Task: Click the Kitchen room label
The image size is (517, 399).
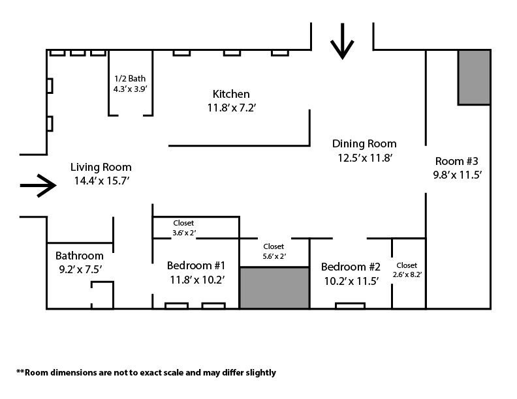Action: tap(231, 94)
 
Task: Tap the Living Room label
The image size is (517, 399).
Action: tap(101, 168)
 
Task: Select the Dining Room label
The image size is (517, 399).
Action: tap(364, 144)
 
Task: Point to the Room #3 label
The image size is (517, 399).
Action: tap(457, 161)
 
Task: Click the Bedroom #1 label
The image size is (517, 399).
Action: tap(196, 265)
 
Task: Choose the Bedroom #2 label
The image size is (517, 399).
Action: tap(351, 267)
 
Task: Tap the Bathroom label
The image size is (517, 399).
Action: tap(80, 256)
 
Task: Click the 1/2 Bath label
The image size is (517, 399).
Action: tap(130, 79)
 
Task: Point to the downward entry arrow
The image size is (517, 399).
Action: tap(342, 41)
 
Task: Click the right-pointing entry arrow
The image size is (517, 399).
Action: tap(39, 186)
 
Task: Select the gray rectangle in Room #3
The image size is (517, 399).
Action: tap(474, 78)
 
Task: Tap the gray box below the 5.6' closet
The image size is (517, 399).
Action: tap(274, 288)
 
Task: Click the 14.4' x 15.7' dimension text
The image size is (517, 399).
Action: tap(102, 181)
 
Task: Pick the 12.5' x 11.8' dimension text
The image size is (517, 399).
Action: tap(365, 158)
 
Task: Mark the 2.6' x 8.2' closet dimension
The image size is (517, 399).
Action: tap(407, 274)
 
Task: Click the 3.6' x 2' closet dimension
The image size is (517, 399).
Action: tap(184, 233)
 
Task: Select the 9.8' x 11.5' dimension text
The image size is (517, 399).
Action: tap(458, 175)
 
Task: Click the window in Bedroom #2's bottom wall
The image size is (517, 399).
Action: tap(350, 306)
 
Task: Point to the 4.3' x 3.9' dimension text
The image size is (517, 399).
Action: tap(131, 89)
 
